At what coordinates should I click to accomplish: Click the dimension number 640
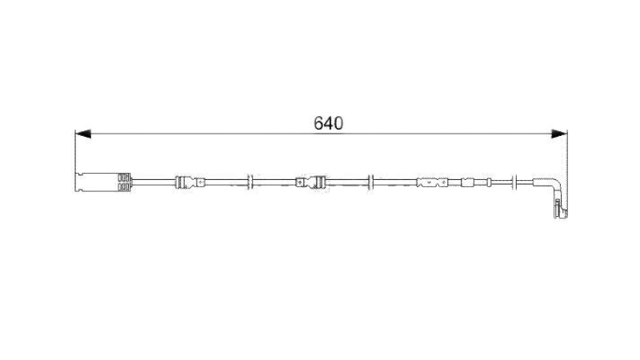tap(329, 123)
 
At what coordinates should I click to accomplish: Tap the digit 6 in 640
tap(318, 123)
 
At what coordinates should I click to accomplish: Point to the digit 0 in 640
tap(338, 123)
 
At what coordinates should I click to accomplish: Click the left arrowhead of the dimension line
tap(83, 134)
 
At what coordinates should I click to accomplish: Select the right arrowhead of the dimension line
tap(559, 134)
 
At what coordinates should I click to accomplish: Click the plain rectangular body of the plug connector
tap(97, 182)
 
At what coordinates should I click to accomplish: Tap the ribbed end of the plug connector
tap(124, 182)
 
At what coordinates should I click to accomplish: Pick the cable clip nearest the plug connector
tap(190, 182)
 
